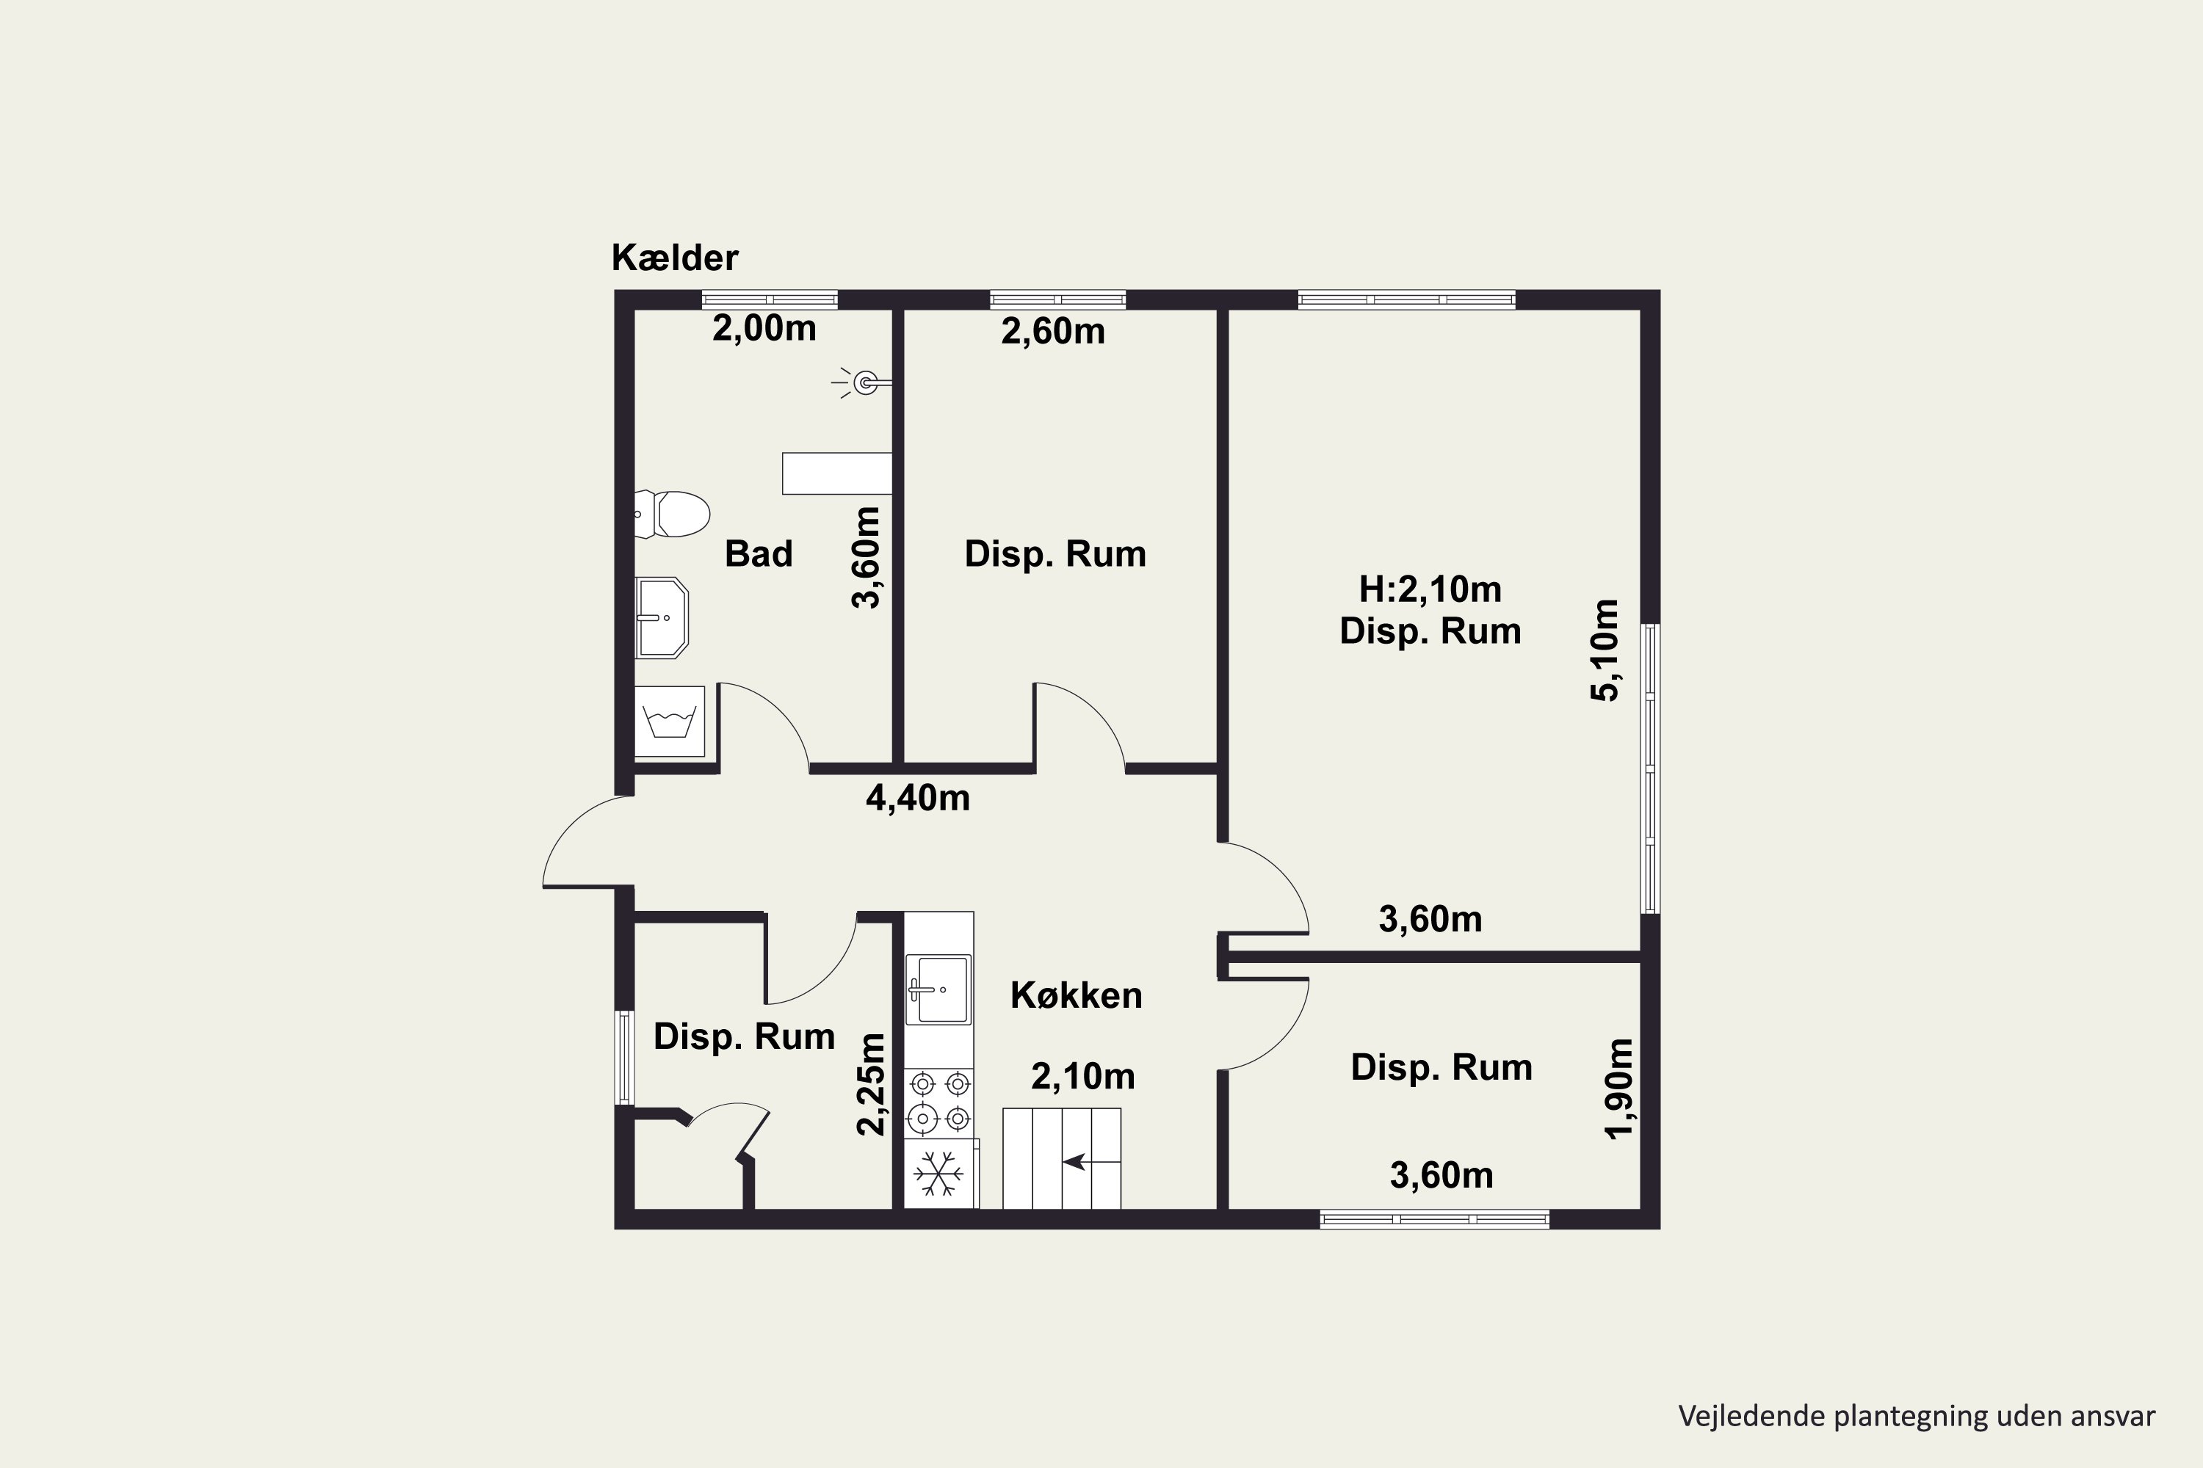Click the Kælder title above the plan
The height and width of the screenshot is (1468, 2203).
[674, 258]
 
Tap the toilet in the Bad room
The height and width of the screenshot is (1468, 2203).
[672, 514]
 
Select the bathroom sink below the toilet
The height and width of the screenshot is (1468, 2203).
[662, 618]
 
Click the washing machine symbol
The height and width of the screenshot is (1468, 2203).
[670, 722]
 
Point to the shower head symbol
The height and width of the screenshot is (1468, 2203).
[861, 382]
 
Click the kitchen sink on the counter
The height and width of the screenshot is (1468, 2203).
[938, 989]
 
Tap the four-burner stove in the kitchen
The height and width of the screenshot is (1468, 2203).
[939, 1102]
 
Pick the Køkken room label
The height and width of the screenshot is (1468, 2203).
[1077, 996]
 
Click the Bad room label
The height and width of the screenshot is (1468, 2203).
[759, 554]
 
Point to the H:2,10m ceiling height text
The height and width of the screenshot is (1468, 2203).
[1430, 590]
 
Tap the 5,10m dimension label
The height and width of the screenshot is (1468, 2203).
[1605, 650]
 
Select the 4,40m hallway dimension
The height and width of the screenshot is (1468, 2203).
[918, 799]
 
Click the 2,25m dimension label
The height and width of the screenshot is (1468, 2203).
[871, 1084]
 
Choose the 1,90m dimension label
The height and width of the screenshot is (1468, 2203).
[1619, 1089]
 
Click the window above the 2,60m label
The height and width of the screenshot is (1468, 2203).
[1057, 299]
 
